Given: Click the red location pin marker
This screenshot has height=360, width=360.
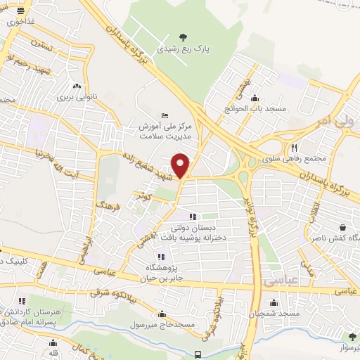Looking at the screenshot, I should [x=181, y=165].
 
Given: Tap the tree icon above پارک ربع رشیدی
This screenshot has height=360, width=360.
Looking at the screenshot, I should [x=184, y=37].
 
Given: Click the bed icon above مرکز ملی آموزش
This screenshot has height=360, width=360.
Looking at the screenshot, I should [x=165, y=115].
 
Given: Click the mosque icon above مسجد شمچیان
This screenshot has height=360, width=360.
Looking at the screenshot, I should [x=279, y=299].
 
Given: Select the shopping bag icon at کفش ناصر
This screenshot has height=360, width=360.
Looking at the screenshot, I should [x=342, y=228].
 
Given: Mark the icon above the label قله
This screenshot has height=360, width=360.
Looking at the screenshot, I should [x=53, y=342].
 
